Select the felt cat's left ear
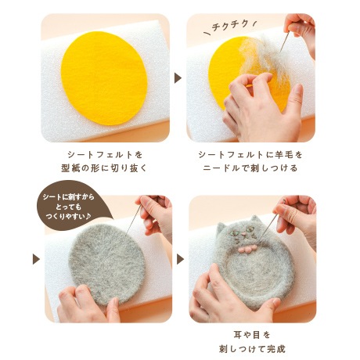pos(223,227)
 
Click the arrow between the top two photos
pos(178,77)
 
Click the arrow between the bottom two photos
pos(178,258)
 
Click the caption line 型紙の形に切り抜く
pos(104,167)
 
